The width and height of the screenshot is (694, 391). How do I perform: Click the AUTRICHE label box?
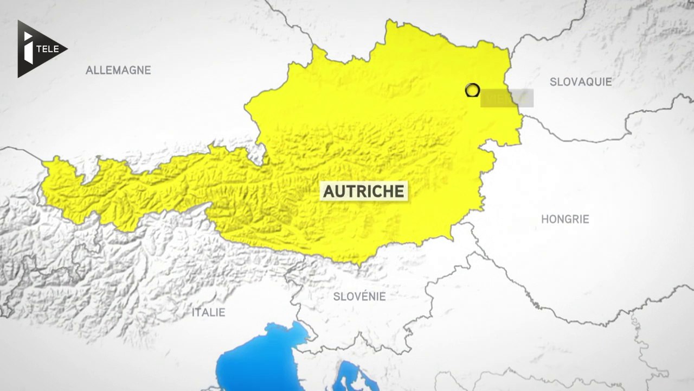[x=364, y=191]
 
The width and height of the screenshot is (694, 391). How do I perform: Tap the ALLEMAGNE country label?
[x=118, y=70]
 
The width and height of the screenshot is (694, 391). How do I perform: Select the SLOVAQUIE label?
[x=581, y=82]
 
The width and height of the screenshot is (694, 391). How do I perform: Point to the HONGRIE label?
[x=565, y=219]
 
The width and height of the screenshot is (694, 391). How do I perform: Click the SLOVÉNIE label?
[x=359, y=297]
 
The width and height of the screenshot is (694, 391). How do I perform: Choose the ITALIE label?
[x=208, y=312]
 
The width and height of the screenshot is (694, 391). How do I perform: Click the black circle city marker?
[x=472, y=90]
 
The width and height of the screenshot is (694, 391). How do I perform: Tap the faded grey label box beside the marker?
[x=507, y=98]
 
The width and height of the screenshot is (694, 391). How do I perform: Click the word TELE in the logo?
[x=49, y=49]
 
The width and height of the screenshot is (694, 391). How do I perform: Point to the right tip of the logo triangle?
[x=67, y=49]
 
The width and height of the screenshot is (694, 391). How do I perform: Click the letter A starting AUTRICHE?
[x=329, y=191]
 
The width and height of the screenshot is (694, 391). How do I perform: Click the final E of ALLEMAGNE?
[x=147, y=70]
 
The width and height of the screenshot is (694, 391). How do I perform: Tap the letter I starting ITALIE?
[x=194, y=312]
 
